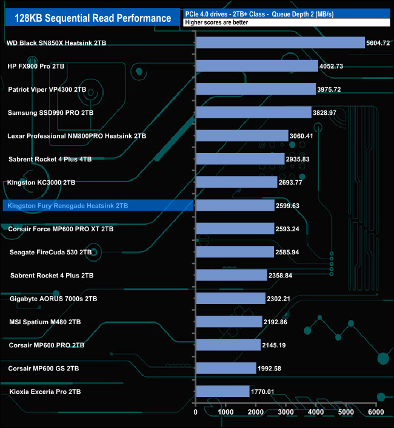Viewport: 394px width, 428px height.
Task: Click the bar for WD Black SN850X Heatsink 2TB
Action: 280,42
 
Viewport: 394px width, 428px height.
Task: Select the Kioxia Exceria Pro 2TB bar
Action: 222,392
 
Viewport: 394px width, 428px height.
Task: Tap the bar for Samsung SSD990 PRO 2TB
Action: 253,112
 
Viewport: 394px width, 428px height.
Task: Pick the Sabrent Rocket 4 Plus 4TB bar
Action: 240,159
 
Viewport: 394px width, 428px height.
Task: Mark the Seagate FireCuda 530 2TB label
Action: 51,252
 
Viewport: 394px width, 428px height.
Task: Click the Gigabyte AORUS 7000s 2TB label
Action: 53,299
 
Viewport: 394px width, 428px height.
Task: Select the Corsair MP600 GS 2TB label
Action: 44,369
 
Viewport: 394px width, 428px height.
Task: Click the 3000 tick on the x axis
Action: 286,413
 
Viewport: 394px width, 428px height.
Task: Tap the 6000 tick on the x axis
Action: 376,413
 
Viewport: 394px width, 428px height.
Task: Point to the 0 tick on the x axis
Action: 196,413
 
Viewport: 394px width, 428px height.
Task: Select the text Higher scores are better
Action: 215,22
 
